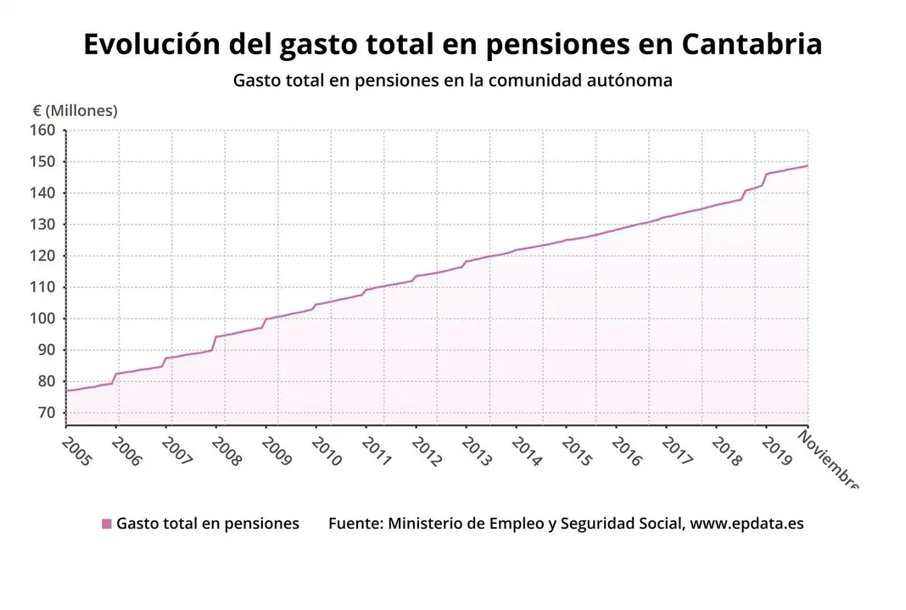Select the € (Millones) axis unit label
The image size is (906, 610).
click(75, 111)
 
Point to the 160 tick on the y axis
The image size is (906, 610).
click(43, 130)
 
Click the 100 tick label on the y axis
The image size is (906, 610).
click(43, 319)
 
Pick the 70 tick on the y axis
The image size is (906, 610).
click(48, 413)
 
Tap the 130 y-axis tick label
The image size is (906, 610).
click(43, 225)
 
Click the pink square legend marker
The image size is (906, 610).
click(106, 524)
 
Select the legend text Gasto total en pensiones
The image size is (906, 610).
click(208, 524)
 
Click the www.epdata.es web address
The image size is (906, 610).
click(747, 524)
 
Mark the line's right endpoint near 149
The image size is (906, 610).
click(807, 165)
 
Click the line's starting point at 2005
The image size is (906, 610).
click(66, 391)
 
